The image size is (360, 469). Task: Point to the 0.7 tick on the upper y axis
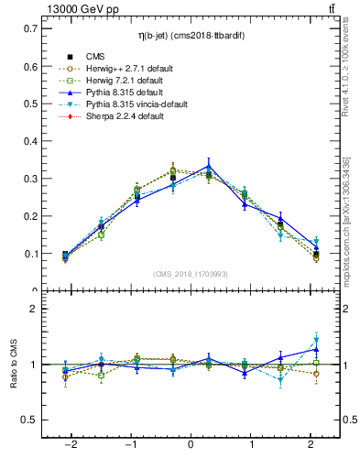click(x=35, y=28)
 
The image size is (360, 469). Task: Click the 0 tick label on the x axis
click(x=191, y=445)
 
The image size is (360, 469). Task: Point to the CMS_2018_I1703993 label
click(x=191, y=275)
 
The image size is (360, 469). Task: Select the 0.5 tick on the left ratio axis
click(x=35, y=420)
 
